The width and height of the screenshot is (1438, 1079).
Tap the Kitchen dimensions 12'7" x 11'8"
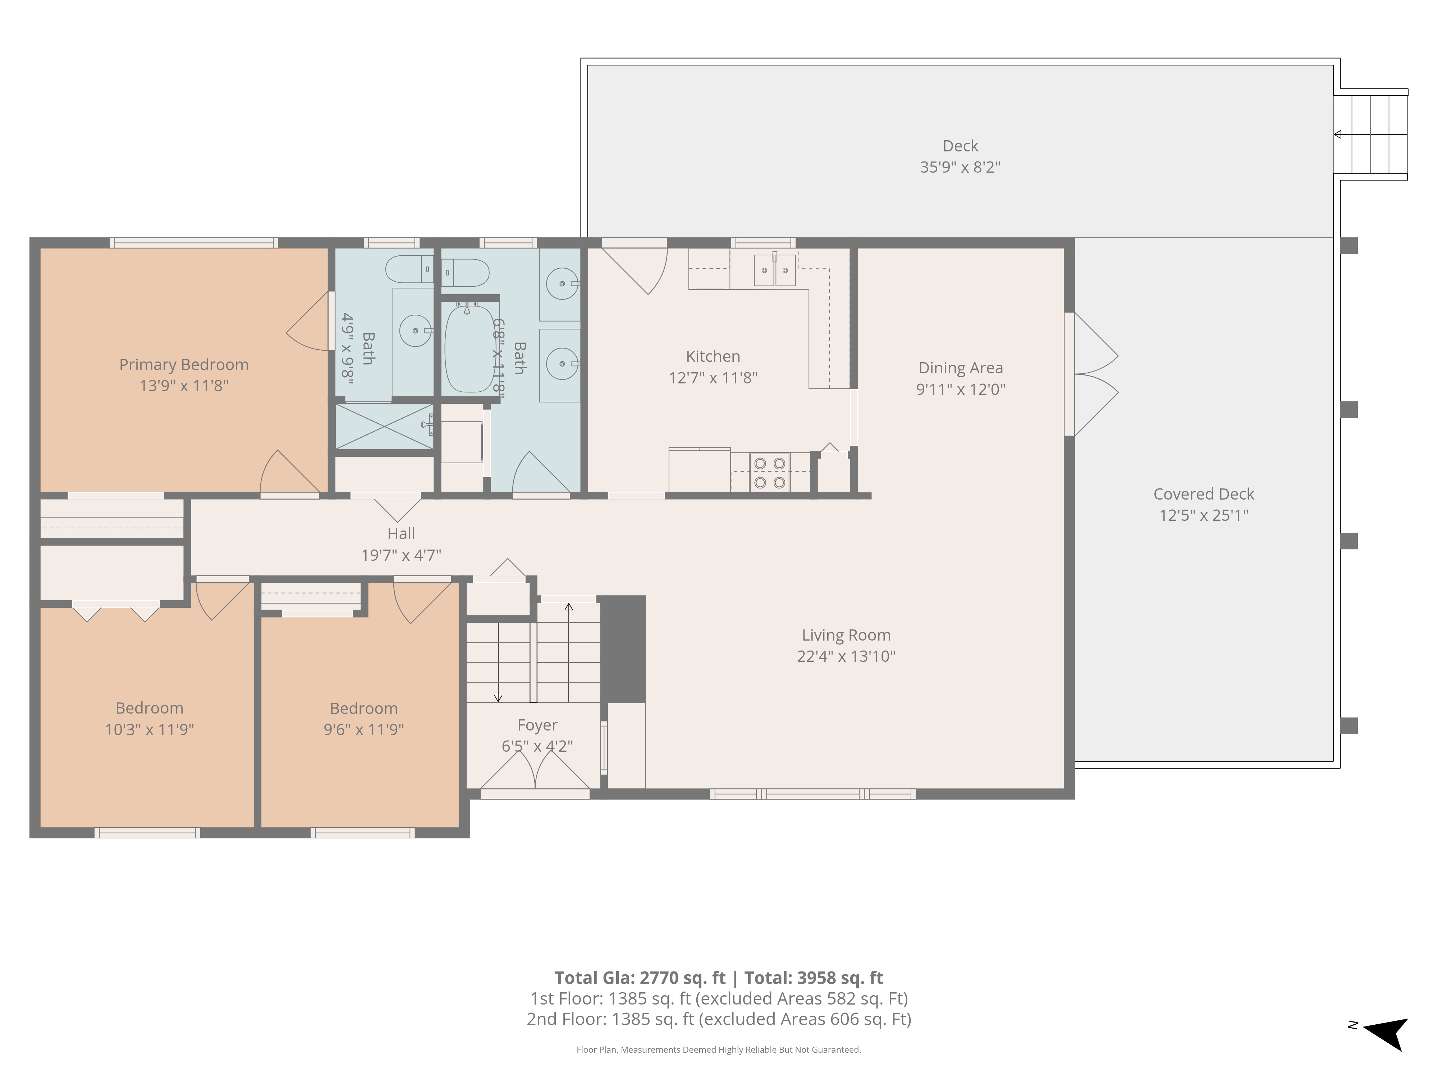pyautogui.click(x=713, y=378)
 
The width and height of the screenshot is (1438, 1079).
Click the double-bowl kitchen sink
pyautogui.click(x=775, y=270)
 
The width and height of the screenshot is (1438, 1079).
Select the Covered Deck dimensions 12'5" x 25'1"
pyautogui.click(x=1204, y=515)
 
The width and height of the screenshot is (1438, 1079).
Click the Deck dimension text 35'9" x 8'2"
pyautogui.click(x=960, y=167)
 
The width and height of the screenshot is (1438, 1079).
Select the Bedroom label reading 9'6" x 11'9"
pyautogui.click(x=364, y=719)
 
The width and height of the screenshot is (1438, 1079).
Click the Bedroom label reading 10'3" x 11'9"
pyautogui.click(x=150, y=719)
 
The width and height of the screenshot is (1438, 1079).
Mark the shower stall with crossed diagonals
pyautogui.click(x=384, y=427)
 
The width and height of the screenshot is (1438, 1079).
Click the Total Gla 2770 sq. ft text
pyautogui.click(x=640, y=978)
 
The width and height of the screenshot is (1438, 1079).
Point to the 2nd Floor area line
pyautogui.click(x=719, y=1019)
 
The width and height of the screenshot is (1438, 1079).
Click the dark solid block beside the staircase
pyautogui.click(x=622, y=649)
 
